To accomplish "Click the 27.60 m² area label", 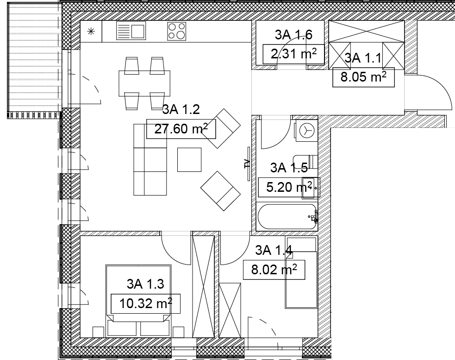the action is [x=181, y=129].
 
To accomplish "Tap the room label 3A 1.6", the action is [x=293, y=35].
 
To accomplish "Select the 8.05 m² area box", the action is [x=363, y=77].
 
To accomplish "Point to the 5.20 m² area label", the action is [x=289, y=187].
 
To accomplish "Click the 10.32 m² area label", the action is [x=146, y=303].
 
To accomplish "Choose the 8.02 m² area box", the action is [x=274, y=270].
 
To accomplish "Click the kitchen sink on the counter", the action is [x=131, y=31].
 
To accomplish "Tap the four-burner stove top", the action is [x=176, y=31].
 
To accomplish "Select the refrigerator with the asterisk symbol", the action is [x=91, y=32].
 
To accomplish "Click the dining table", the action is [x=144, y=83].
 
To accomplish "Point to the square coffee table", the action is [x=189, y=160].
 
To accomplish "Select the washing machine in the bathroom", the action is [x=306, y=131].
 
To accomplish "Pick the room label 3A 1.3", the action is [x=145, y=284].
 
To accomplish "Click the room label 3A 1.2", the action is [x=181, y=109].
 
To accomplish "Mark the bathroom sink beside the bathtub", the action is [x=311, y=188].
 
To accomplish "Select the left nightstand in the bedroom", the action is [x=99, y=332].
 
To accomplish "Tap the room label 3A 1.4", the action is [x=274, y=250].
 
